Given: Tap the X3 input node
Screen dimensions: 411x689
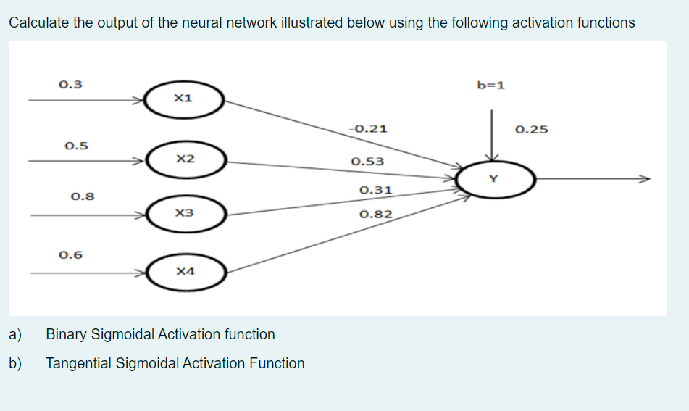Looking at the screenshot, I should (187, 215).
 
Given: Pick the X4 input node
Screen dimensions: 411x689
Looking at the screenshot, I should (187, 273).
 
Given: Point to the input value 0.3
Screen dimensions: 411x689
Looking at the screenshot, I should (70, 84).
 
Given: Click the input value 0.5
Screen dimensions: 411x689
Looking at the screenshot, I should (76, 145).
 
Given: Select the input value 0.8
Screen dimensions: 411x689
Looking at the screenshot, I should (83, 196).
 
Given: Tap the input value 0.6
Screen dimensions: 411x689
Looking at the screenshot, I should (70, 254).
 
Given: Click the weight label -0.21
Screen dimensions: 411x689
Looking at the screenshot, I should (368, 130).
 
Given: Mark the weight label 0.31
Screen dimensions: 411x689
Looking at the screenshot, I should (375, 191).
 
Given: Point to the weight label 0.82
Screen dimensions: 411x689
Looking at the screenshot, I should (375, 215).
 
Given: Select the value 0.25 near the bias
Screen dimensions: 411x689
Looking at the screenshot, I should (531, 130).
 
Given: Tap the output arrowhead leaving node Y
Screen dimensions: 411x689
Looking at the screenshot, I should (645, 178).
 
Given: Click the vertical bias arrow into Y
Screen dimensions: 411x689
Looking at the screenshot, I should (492, 134).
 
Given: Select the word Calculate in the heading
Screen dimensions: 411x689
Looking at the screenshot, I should (39, 22).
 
